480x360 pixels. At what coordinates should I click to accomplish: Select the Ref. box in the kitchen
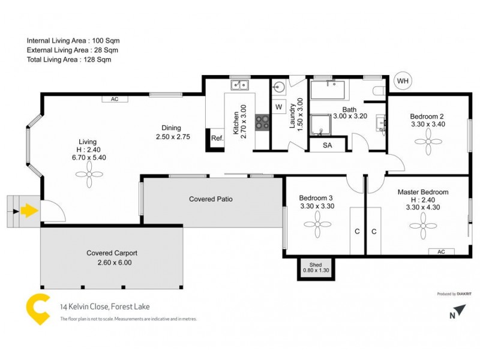pyautogui.click(x=217, y=139)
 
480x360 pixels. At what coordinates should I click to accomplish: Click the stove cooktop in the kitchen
pyautogui.click(x=262, y=122)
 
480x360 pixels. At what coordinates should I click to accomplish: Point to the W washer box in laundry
pyautogui.click(x=278, y=107)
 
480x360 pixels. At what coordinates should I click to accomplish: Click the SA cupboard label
pyautogui.click(x=327, y=145)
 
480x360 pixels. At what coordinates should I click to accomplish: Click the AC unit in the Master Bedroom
pyautogui.click(x=441, y=252)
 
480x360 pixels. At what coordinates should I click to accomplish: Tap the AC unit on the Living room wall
pyautogui.click(x=114, y=100)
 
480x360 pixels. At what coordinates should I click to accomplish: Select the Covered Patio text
pyautogui.click(x=211, y=199)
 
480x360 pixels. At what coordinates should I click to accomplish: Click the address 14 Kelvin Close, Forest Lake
pyautogui.click(x=105, y=307)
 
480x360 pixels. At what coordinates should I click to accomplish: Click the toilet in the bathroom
pyautogui.click(x=378, y=91)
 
